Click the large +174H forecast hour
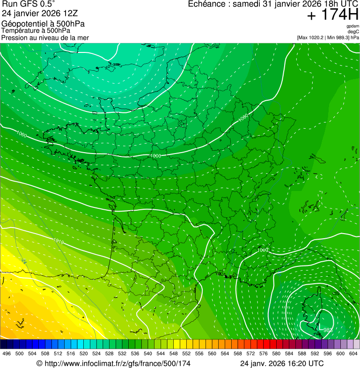point(333,15)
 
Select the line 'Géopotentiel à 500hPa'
point(43,24)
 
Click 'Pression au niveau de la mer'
point(45,37)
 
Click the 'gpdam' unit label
point(353,26)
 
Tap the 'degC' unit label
point(353,31)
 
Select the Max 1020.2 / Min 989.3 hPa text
point(328,37)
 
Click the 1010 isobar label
point(59,242)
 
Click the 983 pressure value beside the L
point(328,331)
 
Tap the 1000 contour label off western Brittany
point(22,134)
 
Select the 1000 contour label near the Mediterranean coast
point(263,250)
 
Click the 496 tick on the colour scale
point(7,353)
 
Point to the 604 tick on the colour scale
point(353,353)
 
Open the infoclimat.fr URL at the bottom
point(113,363)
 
